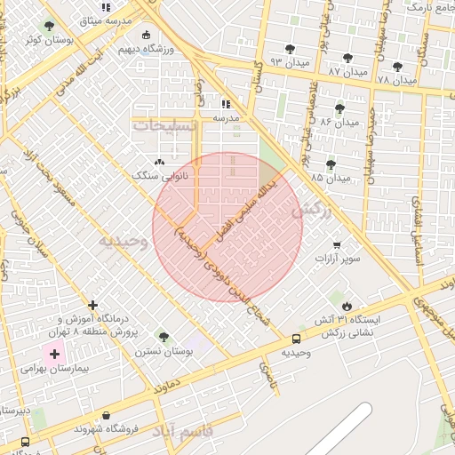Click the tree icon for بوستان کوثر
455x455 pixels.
tap(48, 27)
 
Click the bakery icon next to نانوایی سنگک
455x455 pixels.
tap(159, 163)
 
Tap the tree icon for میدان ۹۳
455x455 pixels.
tap(289, 49)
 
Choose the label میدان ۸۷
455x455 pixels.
tap(347, 70)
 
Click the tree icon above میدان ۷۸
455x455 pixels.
tap(397, 67)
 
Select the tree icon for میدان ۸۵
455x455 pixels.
tap(331, 164)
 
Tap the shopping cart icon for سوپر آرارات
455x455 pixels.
tap(336, 244)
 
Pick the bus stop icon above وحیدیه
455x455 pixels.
tap(296, 338)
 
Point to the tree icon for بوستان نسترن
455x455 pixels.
tap(163, 337)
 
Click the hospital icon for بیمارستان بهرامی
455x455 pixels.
tap(55, 354)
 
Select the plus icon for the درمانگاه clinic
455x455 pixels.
tap(92, 305)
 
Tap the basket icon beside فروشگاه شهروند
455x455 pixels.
tap(107, 415)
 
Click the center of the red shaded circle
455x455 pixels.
tap(227, 227)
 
